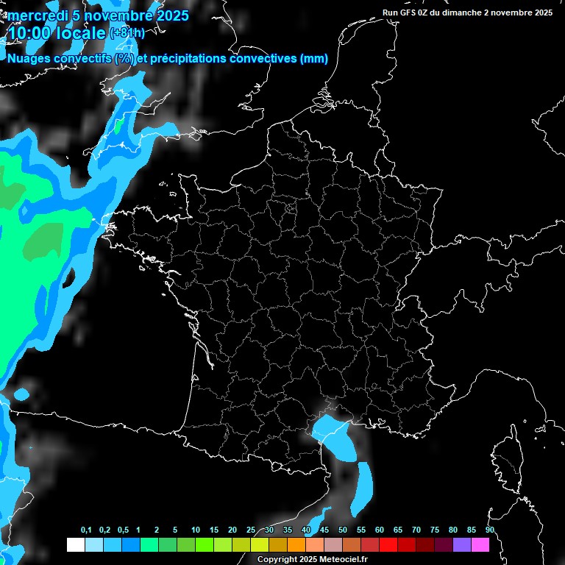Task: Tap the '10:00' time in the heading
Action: click(x=29, y=34)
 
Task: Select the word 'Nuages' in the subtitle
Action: click(x=29, y=59)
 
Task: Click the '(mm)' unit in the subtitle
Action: click(x=314, y=59)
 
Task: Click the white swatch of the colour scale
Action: click(x=75, y=545)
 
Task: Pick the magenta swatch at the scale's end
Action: click(x=480, y=545)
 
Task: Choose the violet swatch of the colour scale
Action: click(x=462, y=545)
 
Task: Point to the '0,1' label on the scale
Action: click(x=86, y=530)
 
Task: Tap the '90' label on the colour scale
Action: click(x=490, y=530)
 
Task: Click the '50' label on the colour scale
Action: click(x=343, y=530)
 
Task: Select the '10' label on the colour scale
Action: click(x=196, y=530)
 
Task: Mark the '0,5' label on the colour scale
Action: click(x=123, y=530)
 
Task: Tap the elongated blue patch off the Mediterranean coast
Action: click(x=362, y=488)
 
